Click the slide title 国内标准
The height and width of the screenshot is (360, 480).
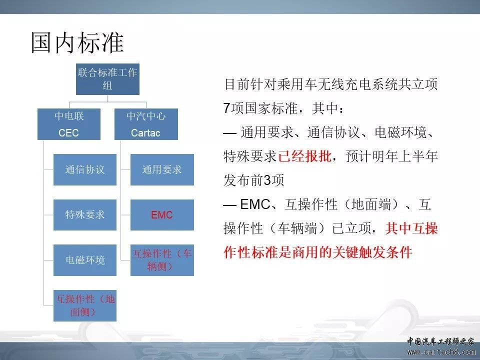77,42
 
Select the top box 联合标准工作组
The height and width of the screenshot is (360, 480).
108,79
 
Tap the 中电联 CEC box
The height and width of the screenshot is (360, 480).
69,124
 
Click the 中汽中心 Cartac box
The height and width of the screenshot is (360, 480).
146,124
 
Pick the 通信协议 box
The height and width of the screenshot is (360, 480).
85,169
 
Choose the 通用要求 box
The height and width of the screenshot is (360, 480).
162,169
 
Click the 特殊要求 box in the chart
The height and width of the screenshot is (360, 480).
85,215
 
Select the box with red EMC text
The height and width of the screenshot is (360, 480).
162,215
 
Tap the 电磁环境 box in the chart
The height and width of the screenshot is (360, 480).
85,260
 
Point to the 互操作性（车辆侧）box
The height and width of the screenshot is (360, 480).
162,260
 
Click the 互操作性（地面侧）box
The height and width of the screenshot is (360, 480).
85,305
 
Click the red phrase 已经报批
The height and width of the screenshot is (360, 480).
304,156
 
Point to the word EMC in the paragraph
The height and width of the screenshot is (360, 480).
255,204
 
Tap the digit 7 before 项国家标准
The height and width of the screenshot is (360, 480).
227,108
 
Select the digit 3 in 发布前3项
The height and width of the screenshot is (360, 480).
267,180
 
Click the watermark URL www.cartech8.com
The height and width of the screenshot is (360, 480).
441,352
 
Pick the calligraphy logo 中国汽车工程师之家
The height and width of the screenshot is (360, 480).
440,341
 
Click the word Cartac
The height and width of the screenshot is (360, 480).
145,133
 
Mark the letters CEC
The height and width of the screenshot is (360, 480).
68,133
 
